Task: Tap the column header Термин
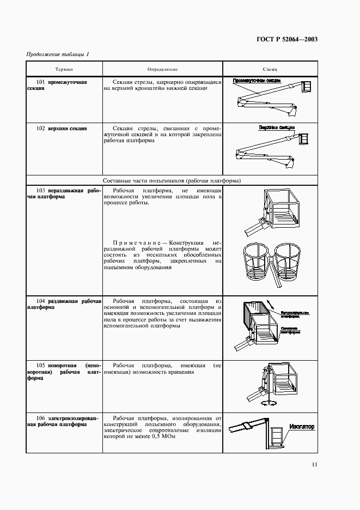64,70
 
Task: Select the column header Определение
162,70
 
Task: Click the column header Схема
270,70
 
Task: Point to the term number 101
40,82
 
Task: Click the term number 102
40,129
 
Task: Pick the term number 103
40,191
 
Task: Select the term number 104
40,301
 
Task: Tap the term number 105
40,365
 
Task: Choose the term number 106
40,418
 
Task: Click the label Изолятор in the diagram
302,427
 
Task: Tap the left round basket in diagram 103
257,260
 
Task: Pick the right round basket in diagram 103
290,260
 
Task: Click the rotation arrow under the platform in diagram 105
266,403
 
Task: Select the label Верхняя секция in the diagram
273,127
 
